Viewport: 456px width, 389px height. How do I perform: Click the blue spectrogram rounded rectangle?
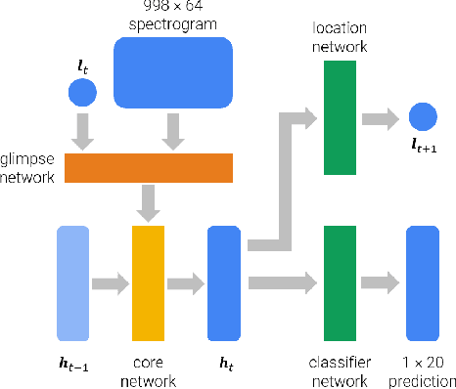click(174, 73)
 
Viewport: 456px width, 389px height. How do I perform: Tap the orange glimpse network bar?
click(149, 168)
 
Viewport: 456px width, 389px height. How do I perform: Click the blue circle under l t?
click(82, 94)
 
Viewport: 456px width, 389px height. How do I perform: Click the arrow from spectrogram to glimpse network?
click(174, 132)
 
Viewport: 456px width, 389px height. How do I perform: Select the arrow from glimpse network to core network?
click(149, 203)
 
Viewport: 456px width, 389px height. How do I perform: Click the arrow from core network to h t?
click(186, 284)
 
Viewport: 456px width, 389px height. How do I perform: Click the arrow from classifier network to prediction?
click(380, 284)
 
